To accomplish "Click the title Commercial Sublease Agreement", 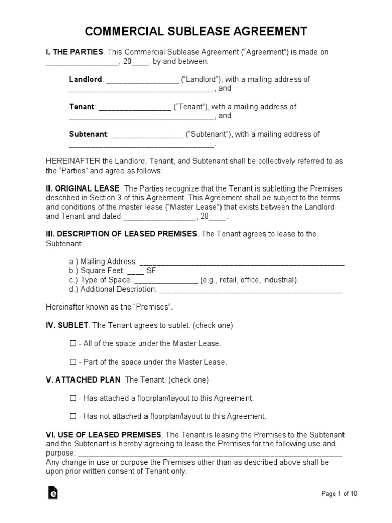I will click(196, 32).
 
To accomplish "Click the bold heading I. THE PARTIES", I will click(75, 52).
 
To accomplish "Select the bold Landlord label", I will click(86, 79).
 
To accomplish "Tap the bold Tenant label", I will click(82, 107).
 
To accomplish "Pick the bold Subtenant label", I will click(88, 134).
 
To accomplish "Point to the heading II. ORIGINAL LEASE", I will click(83, 188).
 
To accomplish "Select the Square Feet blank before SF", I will click(132, 271).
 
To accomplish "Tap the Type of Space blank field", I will click(166, 280).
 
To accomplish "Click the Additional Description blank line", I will click(251, 290).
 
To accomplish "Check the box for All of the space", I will click(72, 344).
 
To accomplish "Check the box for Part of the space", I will click(72, 362).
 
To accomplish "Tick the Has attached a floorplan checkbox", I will click(72, 398).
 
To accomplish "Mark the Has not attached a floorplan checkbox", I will click(72, 416).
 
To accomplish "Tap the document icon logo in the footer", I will click(53, 493).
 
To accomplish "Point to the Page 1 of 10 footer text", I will click(339, 494).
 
